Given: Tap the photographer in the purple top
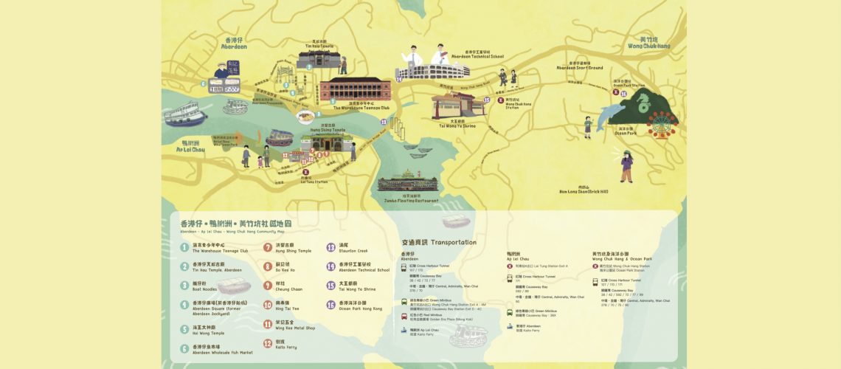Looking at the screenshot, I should point(626,165).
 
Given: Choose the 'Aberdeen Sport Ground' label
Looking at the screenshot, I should point(579,66).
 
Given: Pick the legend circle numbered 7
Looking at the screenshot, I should point(267,248).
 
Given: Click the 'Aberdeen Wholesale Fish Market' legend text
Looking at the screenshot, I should point(222,352).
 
